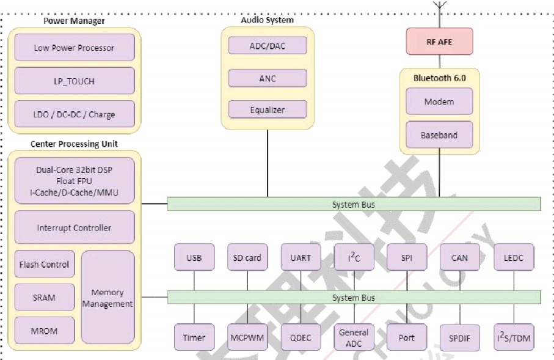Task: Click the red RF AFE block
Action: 439,42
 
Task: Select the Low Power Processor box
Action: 75,48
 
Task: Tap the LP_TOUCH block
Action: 75,81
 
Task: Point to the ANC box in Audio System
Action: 268,78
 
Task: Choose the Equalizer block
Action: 268,109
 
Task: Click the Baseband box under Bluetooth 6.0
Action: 439,134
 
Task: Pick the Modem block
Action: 439,101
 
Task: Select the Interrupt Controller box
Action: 75,227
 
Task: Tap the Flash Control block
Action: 45,264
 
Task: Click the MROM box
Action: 45,331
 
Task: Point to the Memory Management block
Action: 108,298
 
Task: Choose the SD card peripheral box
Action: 247,257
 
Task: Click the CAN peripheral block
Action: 460,257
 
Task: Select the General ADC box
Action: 354,337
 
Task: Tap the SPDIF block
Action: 460,338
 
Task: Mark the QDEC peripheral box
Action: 301,337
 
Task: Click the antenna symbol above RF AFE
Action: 440,5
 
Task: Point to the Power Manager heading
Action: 74,21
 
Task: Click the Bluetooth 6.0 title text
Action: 440,78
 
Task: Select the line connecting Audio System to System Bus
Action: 268,163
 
